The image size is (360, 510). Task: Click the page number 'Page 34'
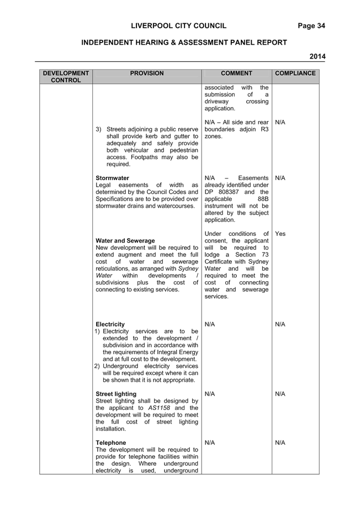coord(311,26)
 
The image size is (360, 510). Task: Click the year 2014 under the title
coord(317,56)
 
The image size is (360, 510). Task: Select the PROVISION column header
coord(147,73)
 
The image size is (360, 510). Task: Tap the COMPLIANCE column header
coord(295,73)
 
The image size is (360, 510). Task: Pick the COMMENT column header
coord(236,73)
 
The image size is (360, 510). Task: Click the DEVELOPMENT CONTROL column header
coord(66,77)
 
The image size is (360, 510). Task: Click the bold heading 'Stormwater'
coord(113,178)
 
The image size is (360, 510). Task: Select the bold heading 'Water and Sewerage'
coord(125,241)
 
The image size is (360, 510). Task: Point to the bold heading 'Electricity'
coord(110,324)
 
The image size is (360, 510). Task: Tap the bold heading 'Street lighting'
coord(116,394)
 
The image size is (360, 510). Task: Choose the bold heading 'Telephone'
coord(111,443)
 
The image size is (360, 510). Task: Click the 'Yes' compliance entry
coord(280,234)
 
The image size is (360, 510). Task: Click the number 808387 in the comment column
coord(229,192)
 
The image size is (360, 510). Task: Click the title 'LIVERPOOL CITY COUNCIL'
coord(179,26)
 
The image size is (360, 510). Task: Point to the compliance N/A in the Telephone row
coord(280,443)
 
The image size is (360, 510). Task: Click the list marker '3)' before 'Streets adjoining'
coord(98,129)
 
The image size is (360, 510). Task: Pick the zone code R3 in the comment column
coord(265,129)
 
